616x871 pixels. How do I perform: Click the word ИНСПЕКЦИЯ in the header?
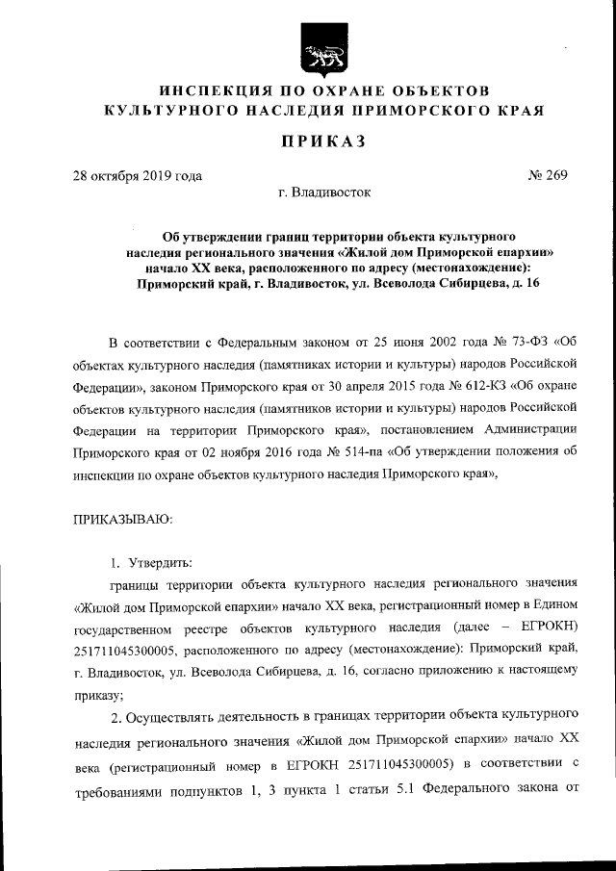coord(211,91)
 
